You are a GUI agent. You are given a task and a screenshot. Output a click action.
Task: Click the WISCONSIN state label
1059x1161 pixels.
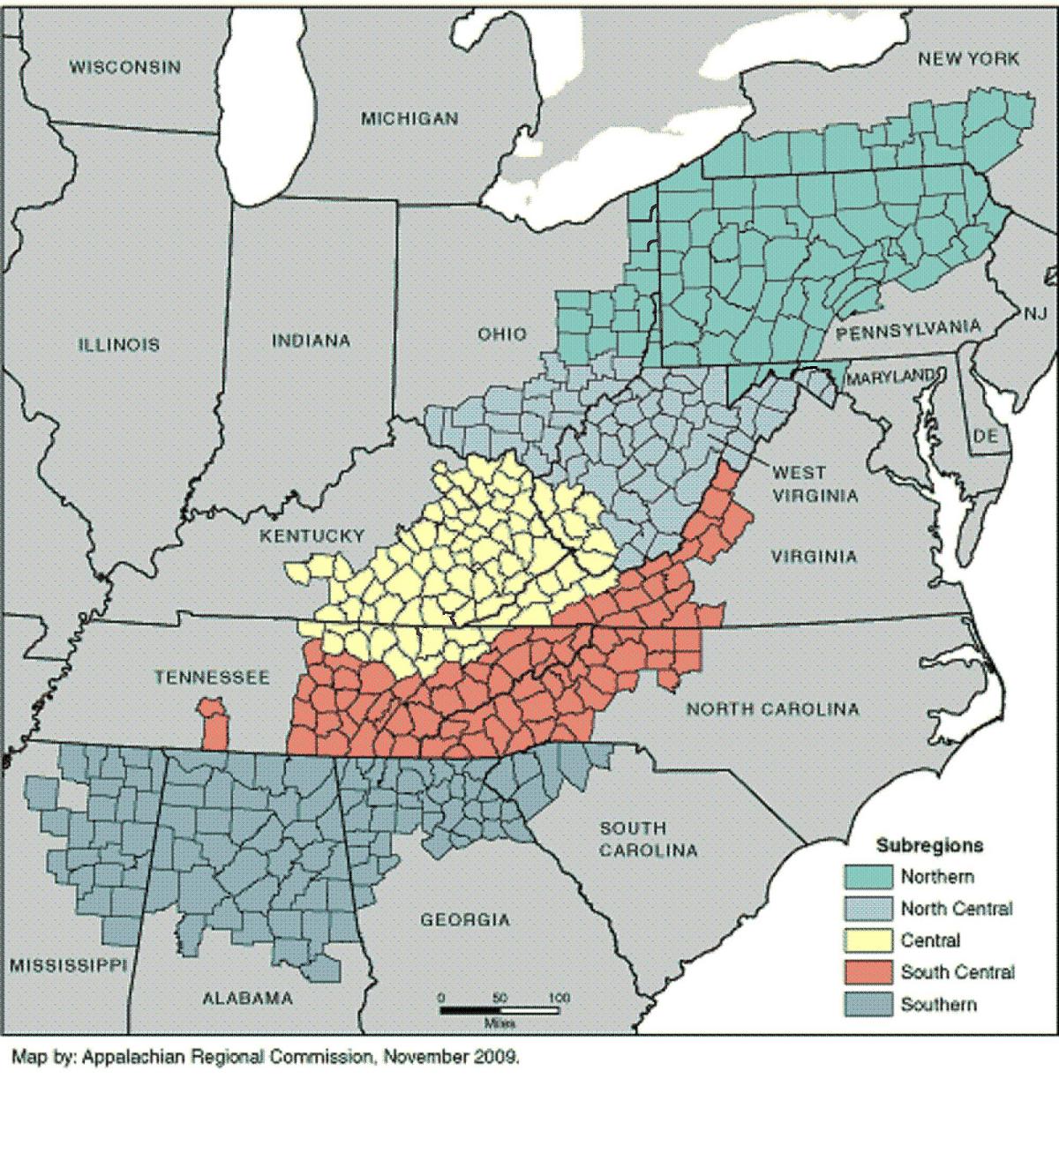[x=125, y=67]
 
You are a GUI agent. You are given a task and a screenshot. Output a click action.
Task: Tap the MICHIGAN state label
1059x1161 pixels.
[x=409, y=118]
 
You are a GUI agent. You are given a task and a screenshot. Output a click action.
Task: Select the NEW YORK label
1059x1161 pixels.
[x=968, y=59]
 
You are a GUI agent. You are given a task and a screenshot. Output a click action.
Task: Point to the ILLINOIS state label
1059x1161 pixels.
[x=119, y=344]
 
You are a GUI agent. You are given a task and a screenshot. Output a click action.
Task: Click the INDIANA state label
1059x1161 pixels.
[x=311, y=341]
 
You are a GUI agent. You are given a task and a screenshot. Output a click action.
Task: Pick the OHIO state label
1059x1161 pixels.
[x=502, y=334]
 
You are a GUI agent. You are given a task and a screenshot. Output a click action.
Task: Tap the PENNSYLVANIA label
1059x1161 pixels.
[x=908, y=331]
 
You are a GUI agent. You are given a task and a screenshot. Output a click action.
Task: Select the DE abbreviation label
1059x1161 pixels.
[x=985, y=436]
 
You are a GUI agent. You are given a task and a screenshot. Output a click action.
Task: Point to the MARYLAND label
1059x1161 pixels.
[x=890, y=378]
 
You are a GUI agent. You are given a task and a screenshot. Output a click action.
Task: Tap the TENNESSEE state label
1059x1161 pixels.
[x=213, y=678]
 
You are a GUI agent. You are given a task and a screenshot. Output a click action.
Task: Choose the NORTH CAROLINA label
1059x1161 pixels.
[x=772, y=708]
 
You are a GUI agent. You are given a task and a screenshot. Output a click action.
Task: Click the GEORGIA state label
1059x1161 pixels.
[x=465, y=920]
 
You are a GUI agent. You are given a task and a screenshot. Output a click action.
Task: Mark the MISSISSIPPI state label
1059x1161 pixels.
[x=66, y=965]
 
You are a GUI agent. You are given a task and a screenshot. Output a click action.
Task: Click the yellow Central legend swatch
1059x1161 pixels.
[x=867, y=940]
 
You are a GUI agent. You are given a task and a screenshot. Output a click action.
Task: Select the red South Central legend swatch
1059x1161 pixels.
[x=867, y=972]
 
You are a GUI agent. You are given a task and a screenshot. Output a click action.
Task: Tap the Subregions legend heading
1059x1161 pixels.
[x=928, y=845]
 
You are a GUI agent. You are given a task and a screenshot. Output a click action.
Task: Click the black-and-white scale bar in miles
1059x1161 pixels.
[x=499, y=1010]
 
